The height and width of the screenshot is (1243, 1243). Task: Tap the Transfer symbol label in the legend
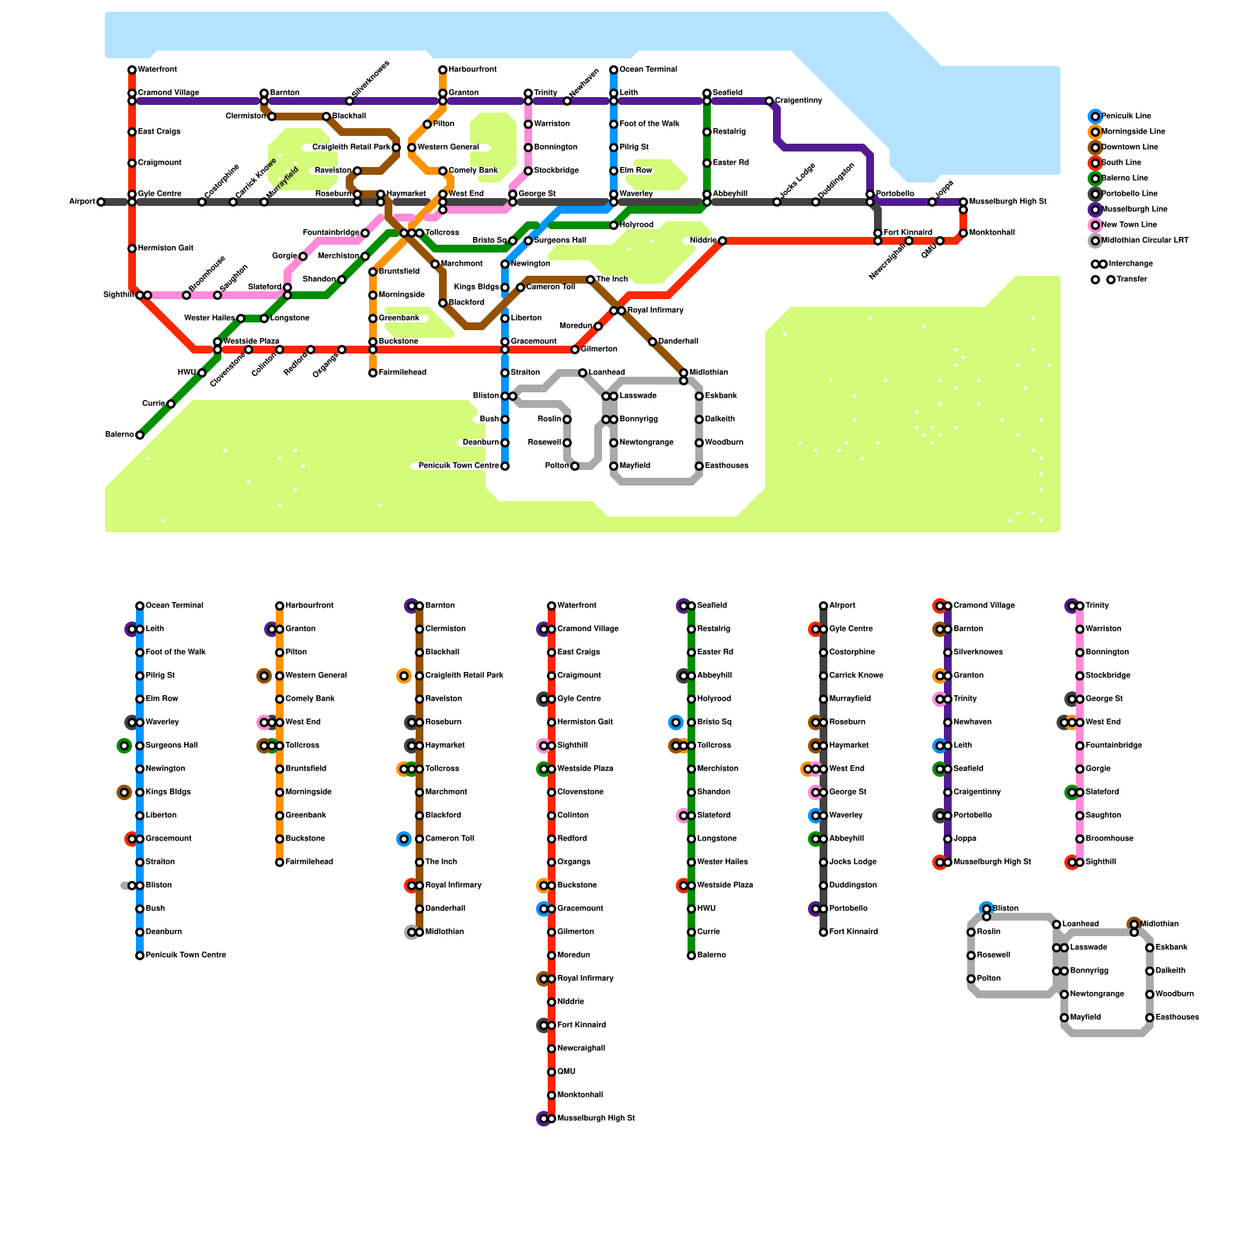coord(1132,279)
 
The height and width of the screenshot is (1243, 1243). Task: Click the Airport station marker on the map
coord(101,202)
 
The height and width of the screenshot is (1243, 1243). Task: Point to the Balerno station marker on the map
coord(140,435)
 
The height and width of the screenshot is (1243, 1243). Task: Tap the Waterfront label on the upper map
coord(158,69)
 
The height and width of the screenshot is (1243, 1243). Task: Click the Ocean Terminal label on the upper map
coord(649,69)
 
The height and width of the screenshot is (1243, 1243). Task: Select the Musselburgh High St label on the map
coord(1008,201)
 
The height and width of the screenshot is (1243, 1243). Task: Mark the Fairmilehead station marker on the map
coord(373,373)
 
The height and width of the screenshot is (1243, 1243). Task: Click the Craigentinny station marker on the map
coord(769,101)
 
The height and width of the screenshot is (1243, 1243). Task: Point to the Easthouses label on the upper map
coord(727,465)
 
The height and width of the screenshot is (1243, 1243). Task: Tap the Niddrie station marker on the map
coord(722,241)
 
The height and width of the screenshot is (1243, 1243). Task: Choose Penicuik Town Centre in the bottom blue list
coord(186,955)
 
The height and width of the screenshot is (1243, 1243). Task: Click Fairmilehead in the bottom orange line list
coord(309,862)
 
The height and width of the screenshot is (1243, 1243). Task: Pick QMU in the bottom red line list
coord(566,1071)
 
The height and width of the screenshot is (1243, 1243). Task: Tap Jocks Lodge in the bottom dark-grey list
coord(853,862)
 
